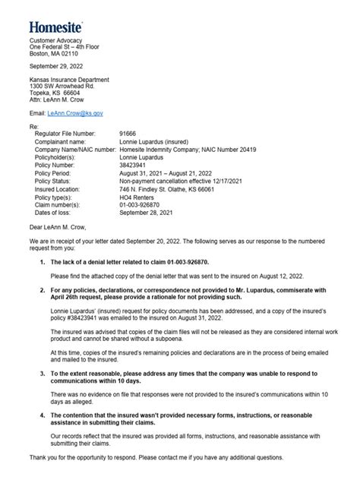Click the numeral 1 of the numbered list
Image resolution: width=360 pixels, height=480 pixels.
tap(41, 261)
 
